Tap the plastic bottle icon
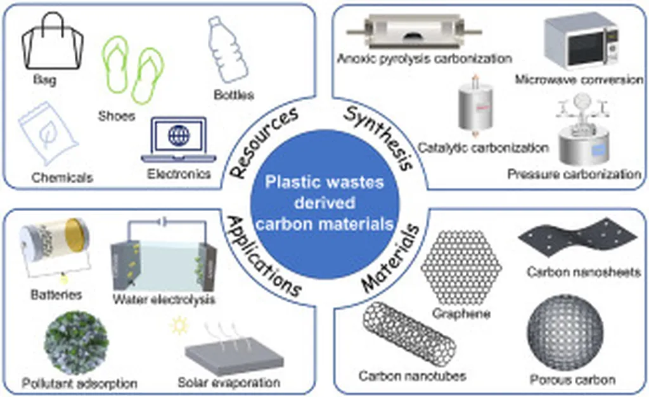pos(228,49)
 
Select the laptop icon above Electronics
pos(179,140)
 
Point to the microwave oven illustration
pos(582,41)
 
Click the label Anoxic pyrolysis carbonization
pos(425,58)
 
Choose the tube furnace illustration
pos(414,32)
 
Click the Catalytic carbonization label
pos(483,147)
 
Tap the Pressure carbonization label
pos(574,174)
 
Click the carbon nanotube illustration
pos(409,334)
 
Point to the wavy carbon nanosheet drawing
pos(577,238)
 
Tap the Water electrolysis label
pos(164,299)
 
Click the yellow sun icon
pos(179,326)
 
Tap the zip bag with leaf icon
pos(48,133)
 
